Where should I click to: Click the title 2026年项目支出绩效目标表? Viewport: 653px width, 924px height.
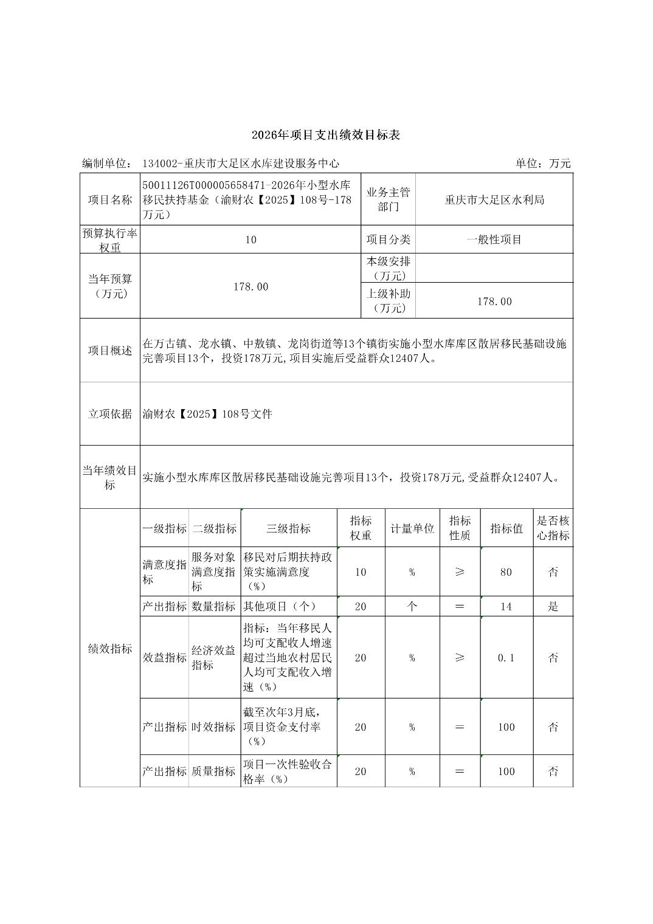pos(326,135)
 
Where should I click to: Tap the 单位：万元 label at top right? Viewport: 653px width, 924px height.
pos(543,164)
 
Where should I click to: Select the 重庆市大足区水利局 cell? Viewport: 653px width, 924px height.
pos(494,200)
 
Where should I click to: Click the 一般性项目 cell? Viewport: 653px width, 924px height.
pos(494,240)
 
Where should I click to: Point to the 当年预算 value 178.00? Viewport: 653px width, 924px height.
pos(250,287)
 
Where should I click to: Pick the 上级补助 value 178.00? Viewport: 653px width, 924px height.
pos(494,302)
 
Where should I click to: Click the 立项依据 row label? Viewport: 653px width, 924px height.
pos(110,414)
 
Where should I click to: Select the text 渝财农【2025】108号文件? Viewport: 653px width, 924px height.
pos(207,415)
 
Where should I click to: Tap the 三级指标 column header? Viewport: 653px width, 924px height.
pos(288,529)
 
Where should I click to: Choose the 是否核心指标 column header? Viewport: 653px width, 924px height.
pos(553,528)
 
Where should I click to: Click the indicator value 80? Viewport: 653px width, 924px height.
pos(506,572)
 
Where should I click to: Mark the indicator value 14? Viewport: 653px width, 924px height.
pos(506,607)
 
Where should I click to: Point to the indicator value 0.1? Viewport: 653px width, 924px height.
pos(506,658)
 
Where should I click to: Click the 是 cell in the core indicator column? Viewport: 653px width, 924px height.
pos(553,607)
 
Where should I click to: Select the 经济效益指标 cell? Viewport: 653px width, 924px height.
pos(214,658)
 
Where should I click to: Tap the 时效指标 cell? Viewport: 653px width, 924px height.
pos(214,727)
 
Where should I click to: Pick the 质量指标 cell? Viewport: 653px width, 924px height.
pos(214,771)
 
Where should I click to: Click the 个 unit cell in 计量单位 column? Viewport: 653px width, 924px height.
pos(412,607)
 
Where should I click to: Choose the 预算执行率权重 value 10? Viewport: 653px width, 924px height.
pos(250,240)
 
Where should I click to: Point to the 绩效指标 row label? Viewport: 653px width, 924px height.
pos(110,649)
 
